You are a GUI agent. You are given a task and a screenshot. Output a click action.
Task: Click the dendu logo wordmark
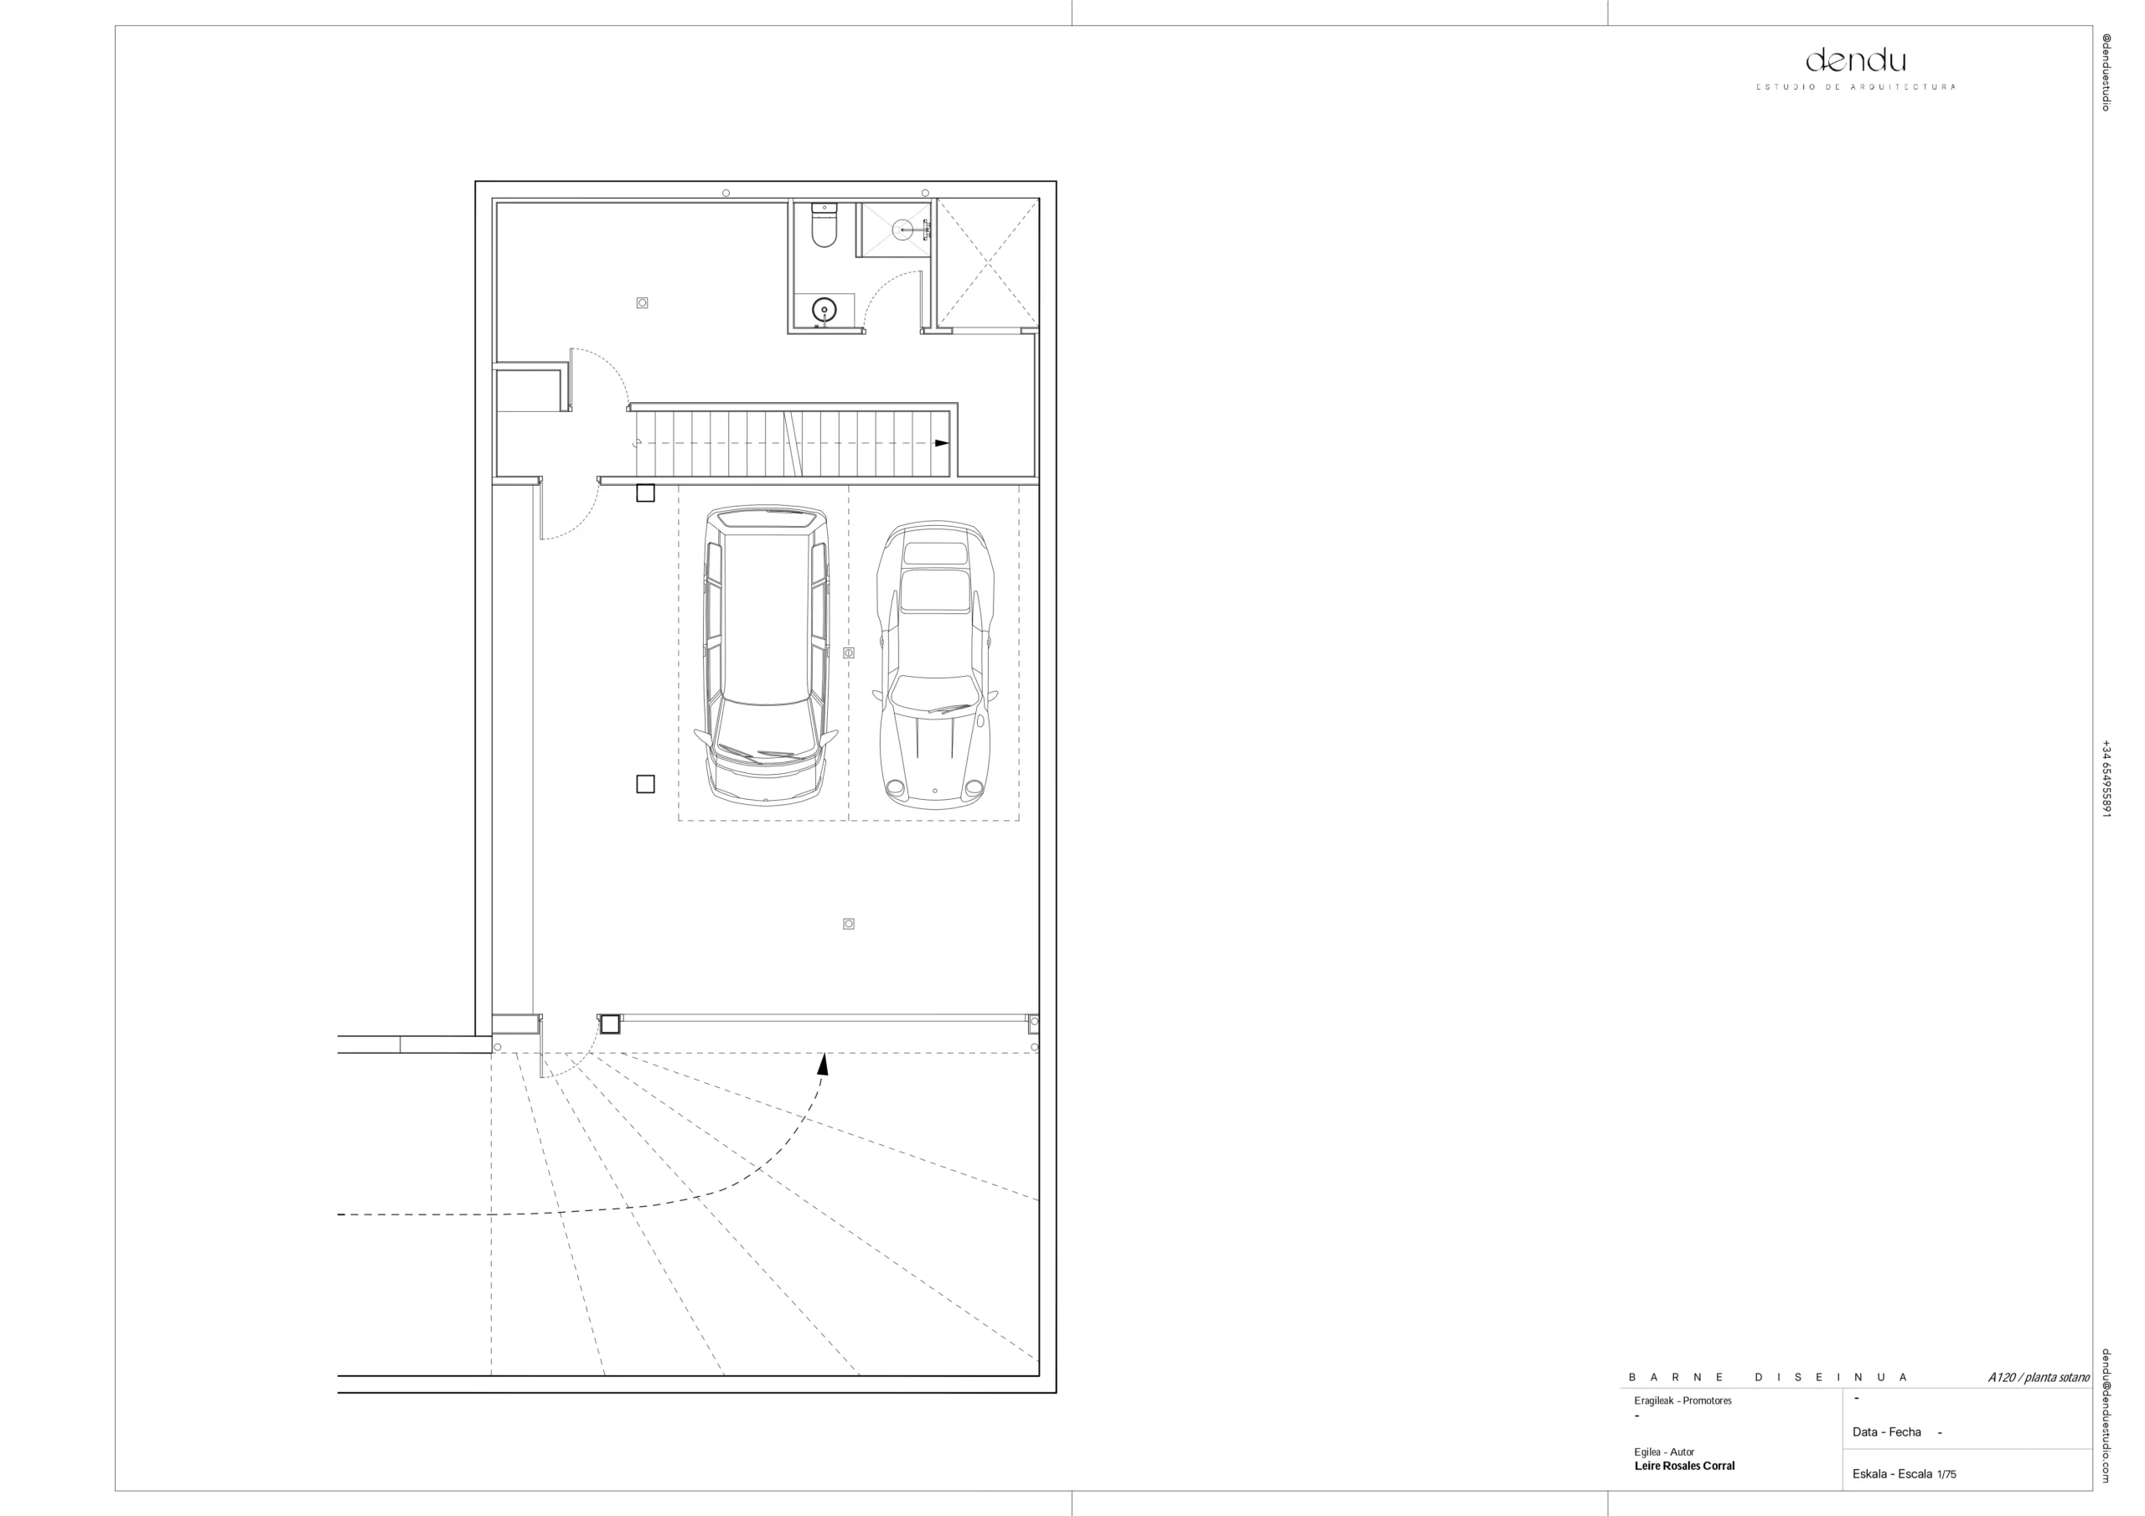pos(1854,62)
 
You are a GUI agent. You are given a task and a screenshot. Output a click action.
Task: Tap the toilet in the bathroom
pos(823,225)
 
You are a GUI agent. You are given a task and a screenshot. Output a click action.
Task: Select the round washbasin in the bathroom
pos(824,308)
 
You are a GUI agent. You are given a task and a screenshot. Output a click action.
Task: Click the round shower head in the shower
pos(902,229)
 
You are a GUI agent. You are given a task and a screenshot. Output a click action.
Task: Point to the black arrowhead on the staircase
pos(942,443)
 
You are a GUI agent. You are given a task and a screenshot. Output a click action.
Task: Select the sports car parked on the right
pos(935,664)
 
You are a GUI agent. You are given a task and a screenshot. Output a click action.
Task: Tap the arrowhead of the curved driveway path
pos(823,1063)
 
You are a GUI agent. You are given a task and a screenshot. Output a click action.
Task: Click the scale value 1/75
pos(1946,1474)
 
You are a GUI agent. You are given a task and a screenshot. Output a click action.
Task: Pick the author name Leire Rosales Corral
pos(1683,1466)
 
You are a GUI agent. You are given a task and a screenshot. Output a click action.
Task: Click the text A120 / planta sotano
pos(2039,1378)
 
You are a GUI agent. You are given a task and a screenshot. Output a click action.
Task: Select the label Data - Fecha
pos(1886,1432)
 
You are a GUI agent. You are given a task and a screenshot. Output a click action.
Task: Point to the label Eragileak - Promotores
pos(1682,1401)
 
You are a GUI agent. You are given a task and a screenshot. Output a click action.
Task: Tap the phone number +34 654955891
pos(2106,779)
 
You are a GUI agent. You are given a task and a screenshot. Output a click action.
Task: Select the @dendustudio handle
pos(2106,73)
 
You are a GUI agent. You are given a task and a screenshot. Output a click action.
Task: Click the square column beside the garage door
pos(610,1024)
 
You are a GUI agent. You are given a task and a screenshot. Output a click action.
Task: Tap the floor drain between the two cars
pos(848,653)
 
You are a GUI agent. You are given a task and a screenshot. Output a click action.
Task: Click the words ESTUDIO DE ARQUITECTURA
pos(1855,87)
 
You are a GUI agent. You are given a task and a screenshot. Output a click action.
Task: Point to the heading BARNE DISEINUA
pos(1768,1378)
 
